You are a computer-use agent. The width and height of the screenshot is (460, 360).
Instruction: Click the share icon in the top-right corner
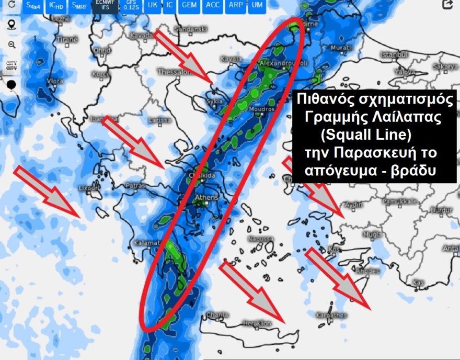[447, 5]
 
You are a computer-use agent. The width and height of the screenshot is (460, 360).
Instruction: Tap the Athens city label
[206, 197]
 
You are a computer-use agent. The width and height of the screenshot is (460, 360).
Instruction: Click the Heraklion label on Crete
[258, 324]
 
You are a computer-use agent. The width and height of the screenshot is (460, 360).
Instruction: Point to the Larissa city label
[159, 120]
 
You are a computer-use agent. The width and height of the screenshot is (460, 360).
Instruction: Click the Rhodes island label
[367, 271]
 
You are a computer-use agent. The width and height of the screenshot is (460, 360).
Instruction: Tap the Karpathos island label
[331, 315]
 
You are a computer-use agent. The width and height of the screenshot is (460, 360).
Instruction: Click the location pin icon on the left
[11, 25]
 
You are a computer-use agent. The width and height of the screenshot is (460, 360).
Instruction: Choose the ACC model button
[212, 6]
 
